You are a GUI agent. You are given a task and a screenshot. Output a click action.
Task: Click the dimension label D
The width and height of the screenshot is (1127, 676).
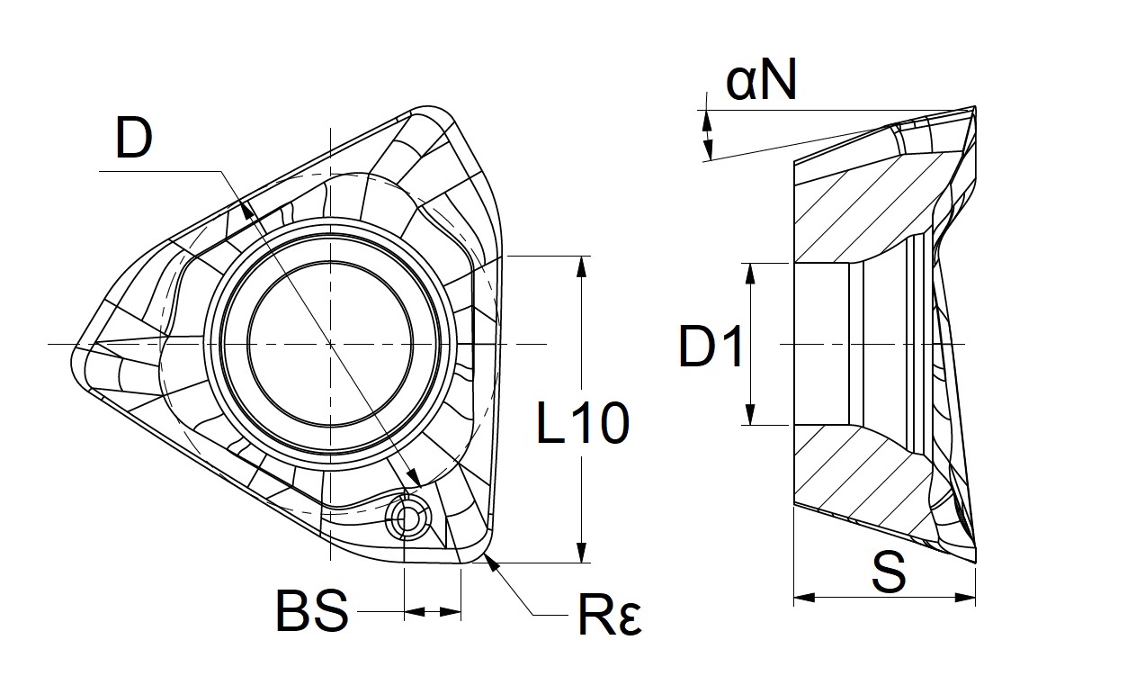tap(134, 140)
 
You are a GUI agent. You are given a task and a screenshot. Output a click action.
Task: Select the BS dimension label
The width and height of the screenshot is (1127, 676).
tap(311, 612)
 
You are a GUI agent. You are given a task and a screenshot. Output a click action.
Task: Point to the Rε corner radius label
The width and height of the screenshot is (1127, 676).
tap(608, 617)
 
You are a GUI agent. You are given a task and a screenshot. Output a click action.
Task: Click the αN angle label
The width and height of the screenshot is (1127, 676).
tap(761, 83)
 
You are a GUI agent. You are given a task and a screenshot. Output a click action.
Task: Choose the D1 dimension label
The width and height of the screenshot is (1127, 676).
tap(711, 347)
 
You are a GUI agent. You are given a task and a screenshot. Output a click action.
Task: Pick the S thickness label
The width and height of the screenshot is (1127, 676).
tap(889, 573)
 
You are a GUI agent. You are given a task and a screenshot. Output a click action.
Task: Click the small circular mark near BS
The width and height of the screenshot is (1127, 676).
tap(408, 518)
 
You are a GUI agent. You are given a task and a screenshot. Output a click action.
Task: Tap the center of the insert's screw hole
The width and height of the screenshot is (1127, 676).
tap(330, 345)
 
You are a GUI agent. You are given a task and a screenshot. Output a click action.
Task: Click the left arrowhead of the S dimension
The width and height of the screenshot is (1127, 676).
tap(801, 597)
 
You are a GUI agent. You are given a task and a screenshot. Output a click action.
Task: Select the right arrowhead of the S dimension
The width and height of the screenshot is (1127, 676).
tap(969, 597)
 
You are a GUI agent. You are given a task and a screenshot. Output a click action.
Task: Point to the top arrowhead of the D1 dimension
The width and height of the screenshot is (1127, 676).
tap(749, 270)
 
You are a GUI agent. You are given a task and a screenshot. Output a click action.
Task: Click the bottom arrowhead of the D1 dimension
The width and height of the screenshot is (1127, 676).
tap(749, 417)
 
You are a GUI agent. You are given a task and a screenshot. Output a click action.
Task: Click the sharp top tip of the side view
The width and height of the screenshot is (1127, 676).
tap(974, 107)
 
